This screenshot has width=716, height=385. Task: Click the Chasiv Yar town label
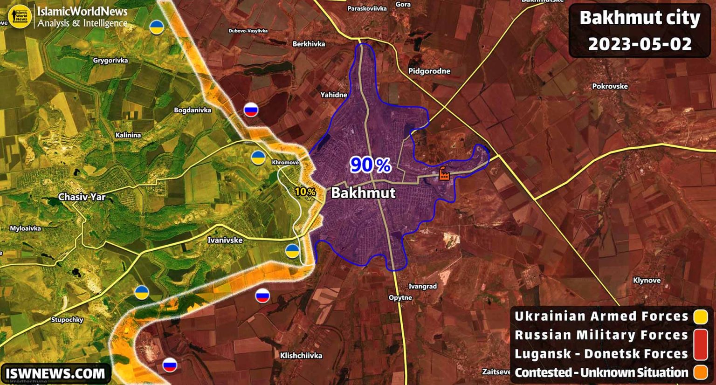click(82, 197)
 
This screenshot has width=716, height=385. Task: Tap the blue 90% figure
click(370, 165)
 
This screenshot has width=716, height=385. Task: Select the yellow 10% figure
click(305, 192)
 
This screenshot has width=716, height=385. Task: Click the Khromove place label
click(285, 162)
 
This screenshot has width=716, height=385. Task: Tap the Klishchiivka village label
click(301, 355)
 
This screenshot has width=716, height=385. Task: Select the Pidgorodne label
click(429, 71)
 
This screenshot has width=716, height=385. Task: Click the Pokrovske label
click(610, 86)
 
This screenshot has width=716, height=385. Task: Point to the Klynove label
click(647, 280)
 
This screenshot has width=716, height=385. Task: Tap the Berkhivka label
click(309, 44)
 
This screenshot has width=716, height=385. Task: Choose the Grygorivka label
click(110, 60)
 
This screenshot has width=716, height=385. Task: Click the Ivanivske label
click(225, 240)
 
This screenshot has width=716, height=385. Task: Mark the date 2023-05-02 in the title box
click(640, 44)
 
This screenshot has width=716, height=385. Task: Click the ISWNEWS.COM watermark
click(55, 373)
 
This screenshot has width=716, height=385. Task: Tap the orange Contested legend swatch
click(701, 373)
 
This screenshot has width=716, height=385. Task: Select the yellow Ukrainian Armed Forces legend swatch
click(701, 316)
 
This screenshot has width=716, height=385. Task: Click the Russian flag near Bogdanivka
click(251, 110)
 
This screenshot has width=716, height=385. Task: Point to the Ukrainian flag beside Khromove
click(258, 158)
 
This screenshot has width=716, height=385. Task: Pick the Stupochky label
click(67, 320)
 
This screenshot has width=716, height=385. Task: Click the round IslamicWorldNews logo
click(20, 16)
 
